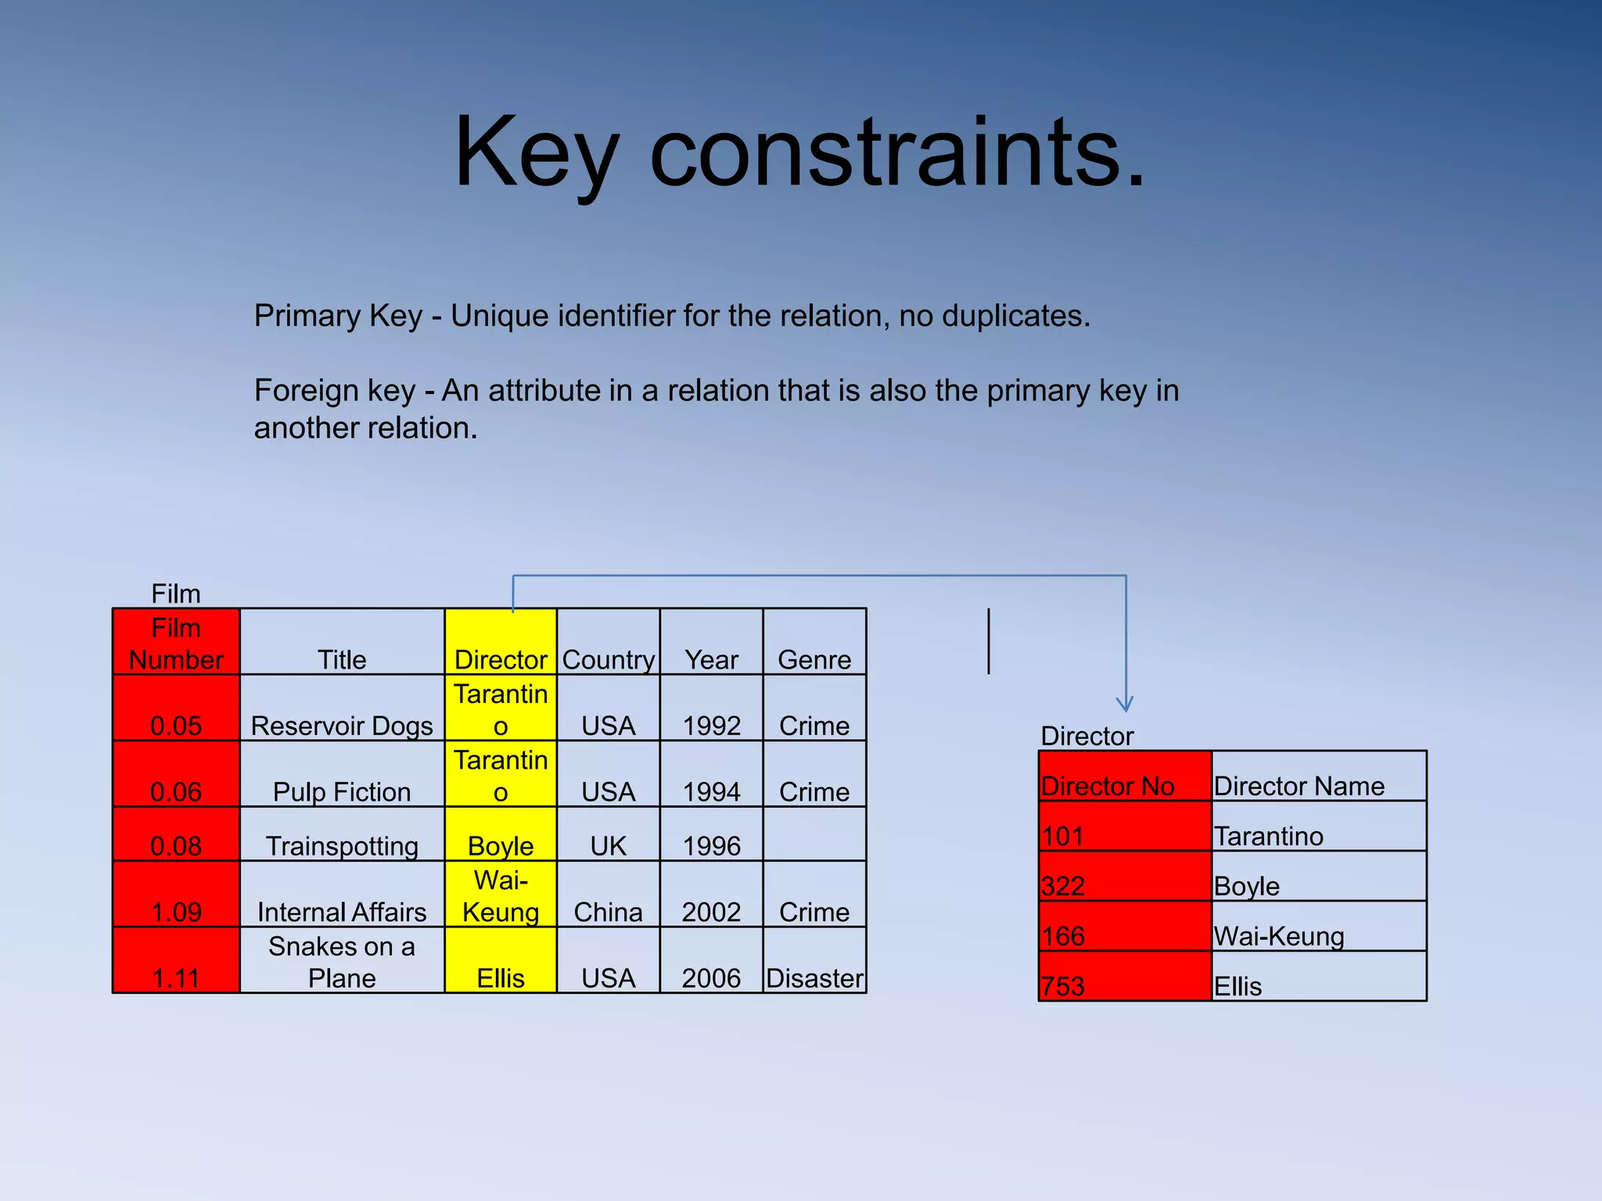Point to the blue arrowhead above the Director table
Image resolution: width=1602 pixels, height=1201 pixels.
[x=1125, y=704]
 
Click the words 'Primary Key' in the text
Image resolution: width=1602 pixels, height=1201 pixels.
[x=338, y=316]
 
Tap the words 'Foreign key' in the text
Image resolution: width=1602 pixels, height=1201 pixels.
[x=335, y=390]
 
